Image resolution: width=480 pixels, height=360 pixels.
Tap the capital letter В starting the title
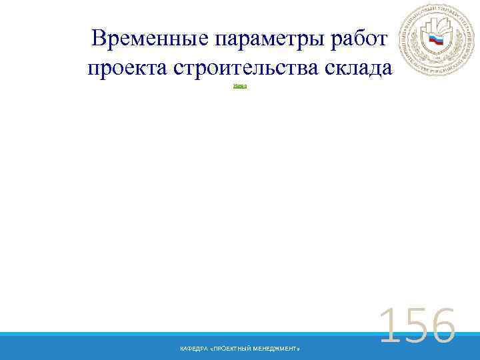click(x=100, y=39)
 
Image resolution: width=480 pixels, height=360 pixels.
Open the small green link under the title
click(x=240, y=86)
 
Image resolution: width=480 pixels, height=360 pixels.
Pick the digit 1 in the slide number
click(x=387, y=327)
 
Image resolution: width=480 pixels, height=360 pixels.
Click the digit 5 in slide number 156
click(x=413, y=327)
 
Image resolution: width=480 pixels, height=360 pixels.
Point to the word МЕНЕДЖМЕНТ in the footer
click(x=279, y=349)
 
